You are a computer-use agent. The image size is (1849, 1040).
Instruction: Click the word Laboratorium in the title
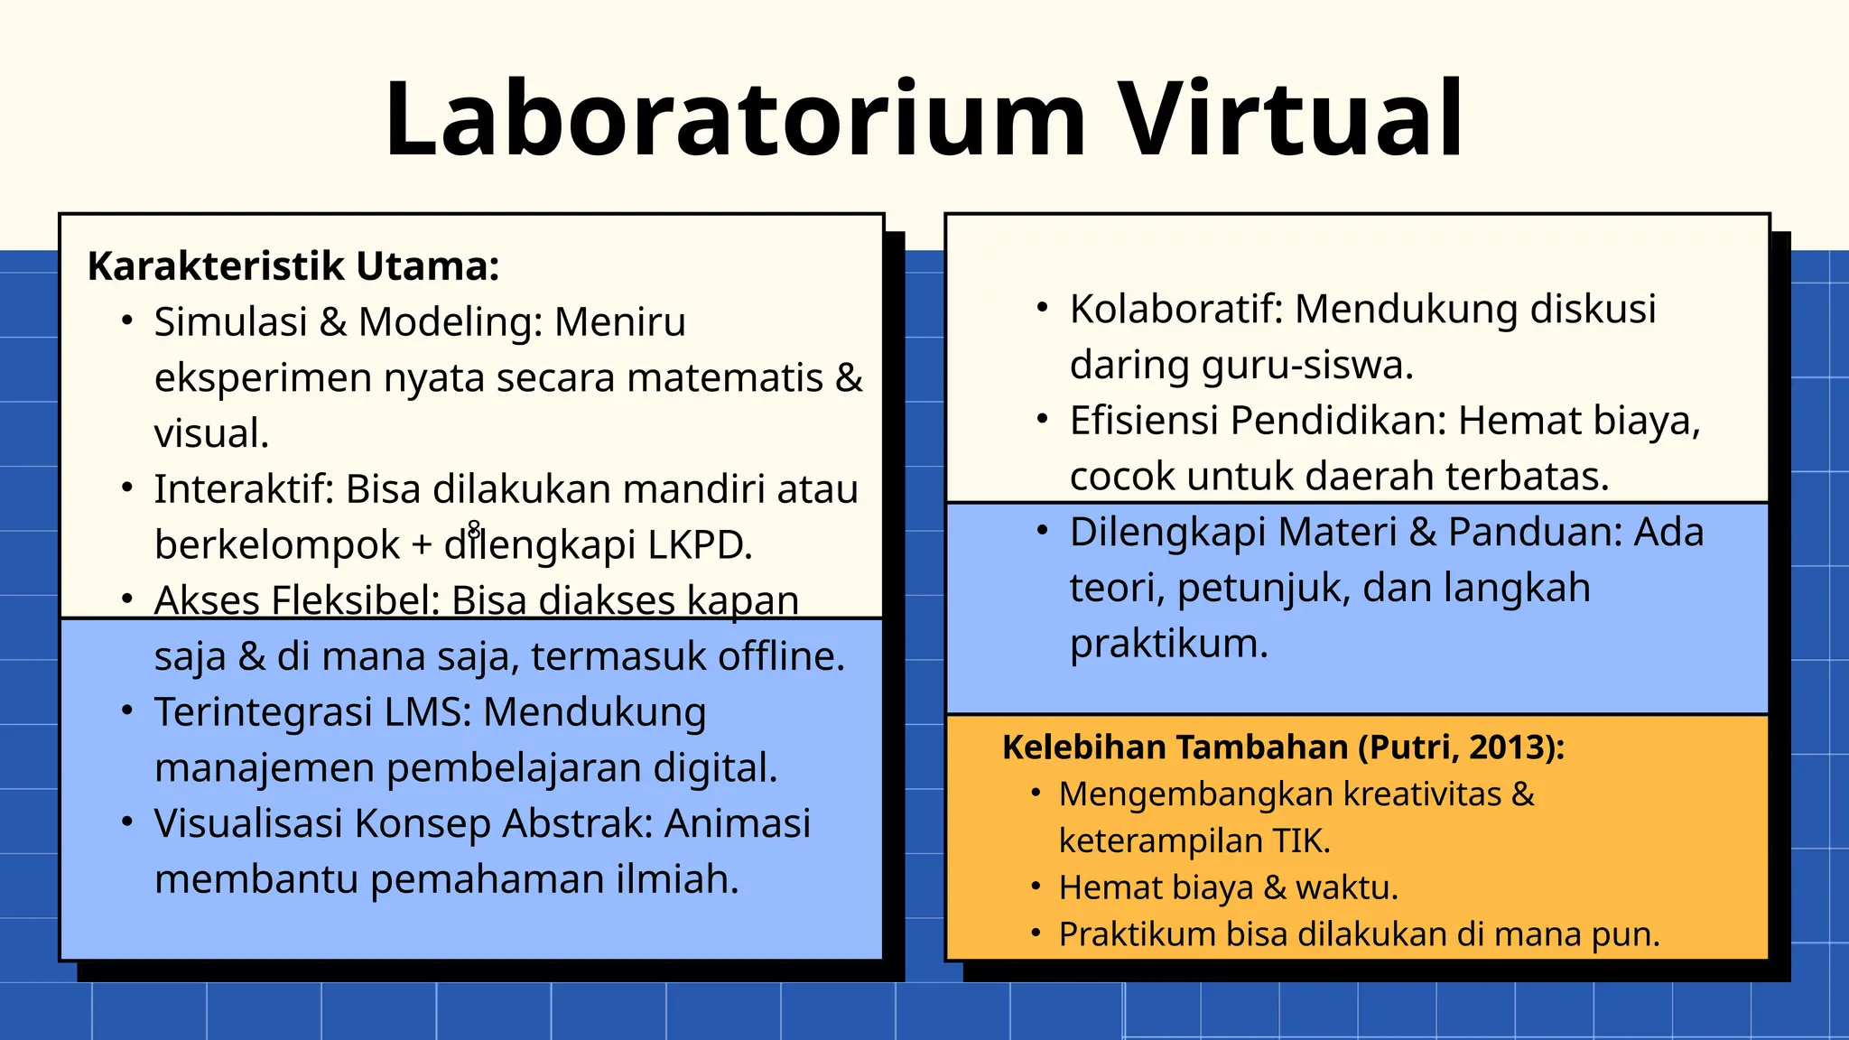click(x=735, y=120)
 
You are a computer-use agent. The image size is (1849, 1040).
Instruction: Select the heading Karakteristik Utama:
click(x=293, y=266)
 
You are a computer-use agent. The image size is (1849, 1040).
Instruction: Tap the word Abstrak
click(x=578, y=823)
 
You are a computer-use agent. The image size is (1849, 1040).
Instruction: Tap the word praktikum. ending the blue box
click(x=1169, y=644)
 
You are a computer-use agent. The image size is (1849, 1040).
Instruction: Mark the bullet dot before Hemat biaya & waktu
click(x=1036, y=887)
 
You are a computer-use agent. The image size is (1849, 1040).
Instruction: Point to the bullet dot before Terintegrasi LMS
click(x=128, y=711)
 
